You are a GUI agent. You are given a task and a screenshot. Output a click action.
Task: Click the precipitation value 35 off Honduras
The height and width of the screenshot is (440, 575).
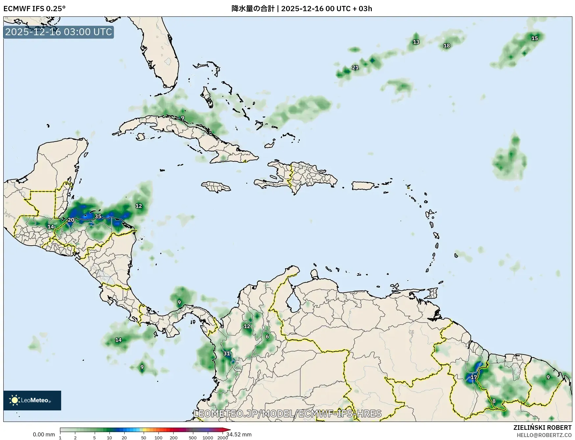pos(98,216)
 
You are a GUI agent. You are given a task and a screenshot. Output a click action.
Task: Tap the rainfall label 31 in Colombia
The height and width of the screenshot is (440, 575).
pos(227,354)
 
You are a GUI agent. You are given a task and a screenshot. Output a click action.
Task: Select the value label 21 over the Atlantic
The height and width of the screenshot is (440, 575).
pos(355,67)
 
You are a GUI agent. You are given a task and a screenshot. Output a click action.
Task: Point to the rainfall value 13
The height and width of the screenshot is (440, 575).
pos(416,42)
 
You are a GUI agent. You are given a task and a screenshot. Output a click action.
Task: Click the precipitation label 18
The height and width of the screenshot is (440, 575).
pos(446,46)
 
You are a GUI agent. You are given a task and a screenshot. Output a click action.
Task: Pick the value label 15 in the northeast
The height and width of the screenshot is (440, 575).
pos(535,38)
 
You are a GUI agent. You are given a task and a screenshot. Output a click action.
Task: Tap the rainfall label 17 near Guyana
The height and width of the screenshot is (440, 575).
pos(473,377)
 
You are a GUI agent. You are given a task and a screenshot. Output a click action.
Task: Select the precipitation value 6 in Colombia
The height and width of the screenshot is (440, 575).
pos(267,336)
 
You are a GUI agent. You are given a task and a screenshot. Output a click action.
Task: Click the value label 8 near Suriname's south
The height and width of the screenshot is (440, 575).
pos(494,401)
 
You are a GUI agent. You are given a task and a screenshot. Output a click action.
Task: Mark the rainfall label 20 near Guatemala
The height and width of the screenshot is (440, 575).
pos(71,220)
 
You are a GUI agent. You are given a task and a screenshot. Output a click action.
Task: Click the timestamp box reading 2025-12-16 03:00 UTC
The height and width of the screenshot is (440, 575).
pos(59,32)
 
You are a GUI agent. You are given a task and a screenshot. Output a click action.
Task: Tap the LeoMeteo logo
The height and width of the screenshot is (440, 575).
pos(32,400)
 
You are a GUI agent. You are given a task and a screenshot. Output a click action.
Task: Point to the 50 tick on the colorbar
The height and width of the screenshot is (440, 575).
pos(143,438)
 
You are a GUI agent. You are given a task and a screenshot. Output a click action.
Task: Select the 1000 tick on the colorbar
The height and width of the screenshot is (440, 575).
pos(208,438)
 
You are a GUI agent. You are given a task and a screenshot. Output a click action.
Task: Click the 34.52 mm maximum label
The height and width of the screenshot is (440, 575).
pos(239,434)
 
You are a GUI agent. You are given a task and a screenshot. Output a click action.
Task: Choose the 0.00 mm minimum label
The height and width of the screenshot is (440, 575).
pos(44,434)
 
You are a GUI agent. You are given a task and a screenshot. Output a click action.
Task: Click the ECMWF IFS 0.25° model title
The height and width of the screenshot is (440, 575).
pos(34,9)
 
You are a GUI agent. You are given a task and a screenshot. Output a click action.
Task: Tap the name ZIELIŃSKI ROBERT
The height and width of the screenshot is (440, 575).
pos(542,428)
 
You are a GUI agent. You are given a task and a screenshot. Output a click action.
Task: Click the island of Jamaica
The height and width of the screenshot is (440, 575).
pos(216,187)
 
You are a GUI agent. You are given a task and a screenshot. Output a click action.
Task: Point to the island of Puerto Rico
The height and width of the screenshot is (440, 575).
pos(363,185)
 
